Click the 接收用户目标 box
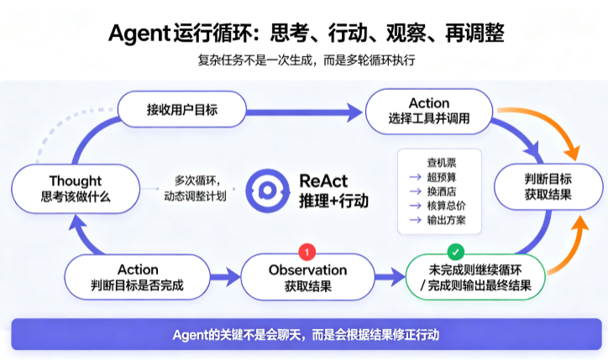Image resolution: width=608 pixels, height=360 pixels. click(x=182, y=110)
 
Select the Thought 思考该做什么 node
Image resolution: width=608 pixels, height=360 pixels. click(x=76, y=189)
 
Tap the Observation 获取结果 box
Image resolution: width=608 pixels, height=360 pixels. click(x=308, y=277)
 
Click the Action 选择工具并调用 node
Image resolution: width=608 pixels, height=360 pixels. click(x=429, y=112)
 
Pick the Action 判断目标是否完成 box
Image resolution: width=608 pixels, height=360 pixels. click(x=137, y=277)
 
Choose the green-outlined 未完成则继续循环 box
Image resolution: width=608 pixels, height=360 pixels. click(x=476, y=277)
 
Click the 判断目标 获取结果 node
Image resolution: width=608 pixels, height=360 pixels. click(x=548, y=187)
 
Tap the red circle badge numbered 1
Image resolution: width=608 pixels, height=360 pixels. click(x=307, y=253)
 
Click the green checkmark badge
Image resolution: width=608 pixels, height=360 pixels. click(x=456, y=253)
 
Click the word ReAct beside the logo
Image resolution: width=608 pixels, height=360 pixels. click(x=323, y=181)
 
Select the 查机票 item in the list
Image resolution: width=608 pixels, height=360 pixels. click(x=442, y=162)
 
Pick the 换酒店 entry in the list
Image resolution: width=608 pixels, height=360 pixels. click(x=442, y=191)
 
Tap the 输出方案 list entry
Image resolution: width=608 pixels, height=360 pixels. click(x=446, y=220)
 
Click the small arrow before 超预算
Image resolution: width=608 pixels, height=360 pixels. click(x=416, y=177)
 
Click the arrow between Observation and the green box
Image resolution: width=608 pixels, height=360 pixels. click(x=390, y=277)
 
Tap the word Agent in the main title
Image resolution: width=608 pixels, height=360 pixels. click(x=139, y=34)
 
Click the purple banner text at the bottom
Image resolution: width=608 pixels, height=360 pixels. click(x=306, y=335)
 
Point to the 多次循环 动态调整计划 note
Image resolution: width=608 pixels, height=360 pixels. click(x=195, y=188)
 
